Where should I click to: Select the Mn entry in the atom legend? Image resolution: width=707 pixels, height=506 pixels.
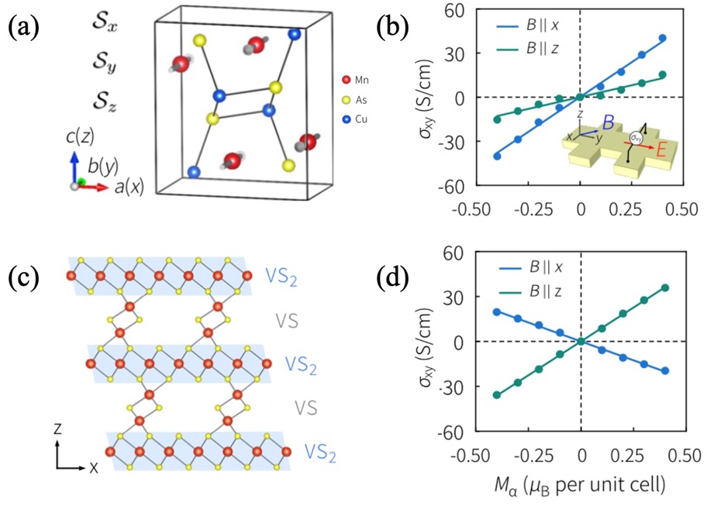coord(359,80)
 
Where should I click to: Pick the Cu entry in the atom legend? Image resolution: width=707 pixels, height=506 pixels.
coord(359,119)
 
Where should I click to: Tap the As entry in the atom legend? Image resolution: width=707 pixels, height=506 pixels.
coord(359,99)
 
